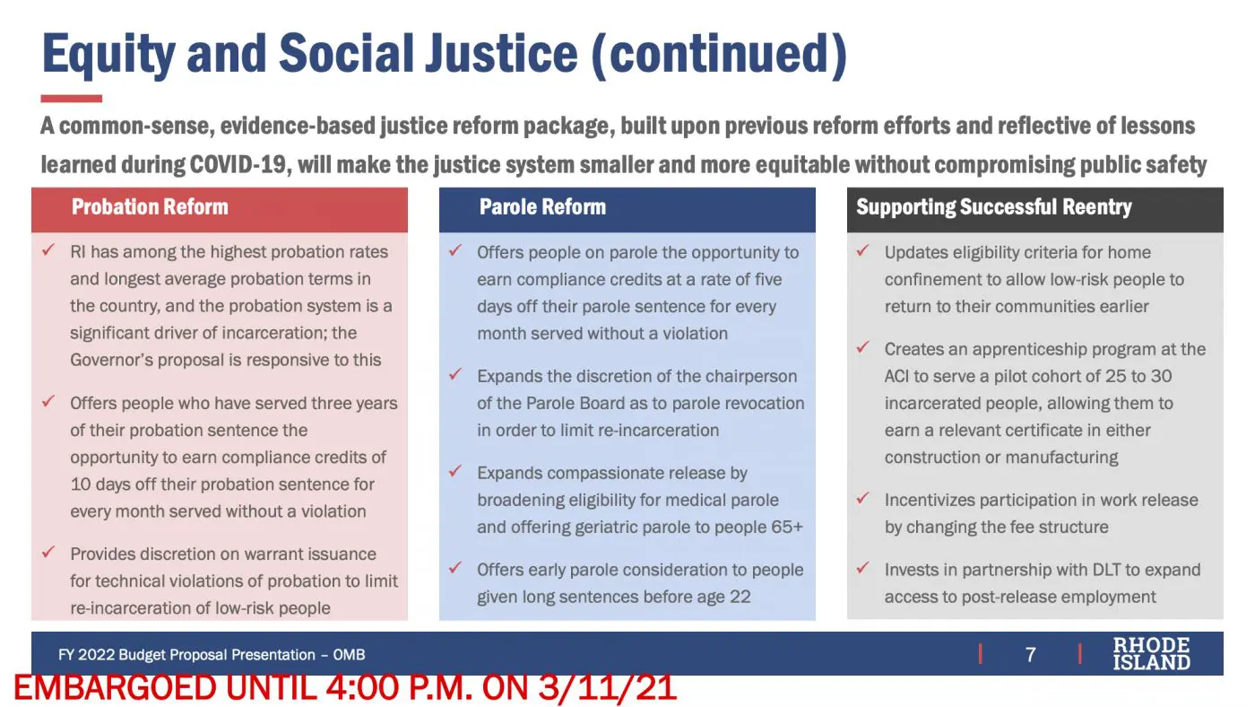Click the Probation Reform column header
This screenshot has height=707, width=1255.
coord(150,207)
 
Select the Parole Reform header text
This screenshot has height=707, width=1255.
coord(542,207)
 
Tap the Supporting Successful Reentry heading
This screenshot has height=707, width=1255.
coord(994,207)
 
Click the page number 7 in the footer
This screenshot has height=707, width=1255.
coord(1030,654)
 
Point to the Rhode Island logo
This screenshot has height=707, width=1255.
coord(1151,654)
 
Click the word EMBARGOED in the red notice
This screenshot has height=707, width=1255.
coord(115,688)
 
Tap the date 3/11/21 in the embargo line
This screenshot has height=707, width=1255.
coord(608,688)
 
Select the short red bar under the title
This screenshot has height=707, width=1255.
coord(71,99)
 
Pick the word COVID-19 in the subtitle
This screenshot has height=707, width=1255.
coord(238,164)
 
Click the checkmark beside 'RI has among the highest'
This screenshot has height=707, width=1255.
coord(48,249)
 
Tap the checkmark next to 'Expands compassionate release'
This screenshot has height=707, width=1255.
coord(455,470)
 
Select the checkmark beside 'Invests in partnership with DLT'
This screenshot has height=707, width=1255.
coord(862,567)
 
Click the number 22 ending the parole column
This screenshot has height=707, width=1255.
coord(740,597)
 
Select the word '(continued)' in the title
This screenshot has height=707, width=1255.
coord(719,55)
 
